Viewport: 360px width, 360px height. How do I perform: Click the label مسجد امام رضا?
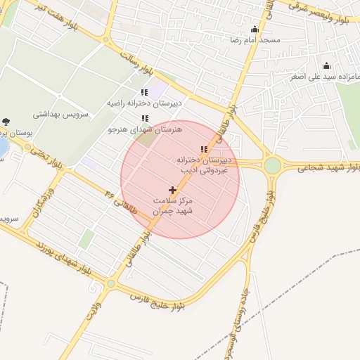click(255, 40)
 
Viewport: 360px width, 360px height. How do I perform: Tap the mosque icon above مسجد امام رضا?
click(255, 30)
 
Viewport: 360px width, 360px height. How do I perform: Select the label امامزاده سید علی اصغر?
click(325, 76)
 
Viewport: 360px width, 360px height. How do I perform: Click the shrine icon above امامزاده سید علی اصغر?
click(325, 65)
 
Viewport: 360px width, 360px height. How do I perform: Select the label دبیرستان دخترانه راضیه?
click(144, 103)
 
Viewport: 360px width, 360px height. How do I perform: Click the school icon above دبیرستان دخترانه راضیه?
click(144, 92)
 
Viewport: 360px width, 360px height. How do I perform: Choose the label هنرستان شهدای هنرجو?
click(144, 129)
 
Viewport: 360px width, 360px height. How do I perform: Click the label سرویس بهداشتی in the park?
click(83, 113)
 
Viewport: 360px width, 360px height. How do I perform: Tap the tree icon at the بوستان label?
click(6, 122)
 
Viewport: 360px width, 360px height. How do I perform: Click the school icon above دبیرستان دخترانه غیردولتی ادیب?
click(204, 149)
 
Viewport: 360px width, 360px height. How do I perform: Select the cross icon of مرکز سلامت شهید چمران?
click(172, 190)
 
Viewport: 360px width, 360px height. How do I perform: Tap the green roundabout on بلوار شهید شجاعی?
click(272, 165)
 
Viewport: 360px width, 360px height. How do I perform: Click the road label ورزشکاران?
click(41, 202)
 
